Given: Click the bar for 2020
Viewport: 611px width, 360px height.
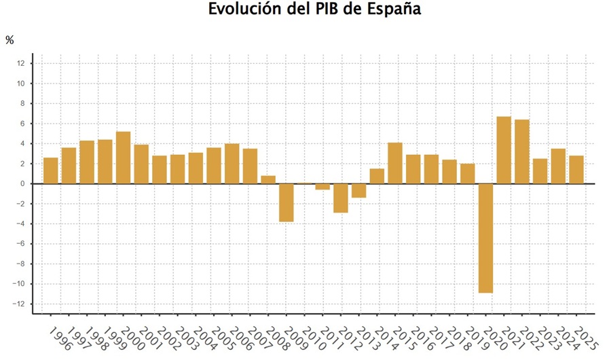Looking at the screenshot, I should point(485,238).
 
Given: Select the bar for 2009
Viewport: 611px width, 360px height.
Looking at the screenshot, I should point(286,202).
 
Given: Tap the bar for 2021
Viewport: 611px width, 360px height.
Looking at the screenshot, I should point(504,150).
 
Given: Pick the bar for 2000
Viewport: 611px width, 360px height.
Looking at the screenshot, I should point(124,158).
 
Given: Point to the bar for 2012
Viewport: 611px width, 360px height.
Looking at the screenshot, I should point(341,198).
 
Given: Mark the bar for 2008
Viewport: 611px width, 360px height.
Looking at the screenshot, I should point(268,179).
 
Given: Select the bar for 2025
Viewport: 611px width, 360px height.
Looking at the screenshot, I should point(576,170).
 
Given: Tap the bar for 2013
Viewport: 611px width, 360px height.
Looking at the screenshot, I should point(358,190).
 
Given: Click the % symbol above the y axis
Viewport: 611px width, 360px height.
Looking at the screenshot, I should point(10,40).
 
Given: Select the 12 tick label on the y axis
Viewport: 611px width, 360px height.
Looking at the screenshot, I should point(20,64).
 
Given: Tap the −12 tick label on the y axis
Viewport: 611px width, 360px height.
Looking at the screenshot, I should point(19,304).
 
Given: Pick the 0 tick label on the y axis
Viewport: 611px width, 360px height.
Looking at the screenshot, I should point(22,183).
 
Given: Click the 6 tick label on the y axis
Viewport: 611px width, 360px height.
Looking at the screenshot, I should point(22,124).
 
